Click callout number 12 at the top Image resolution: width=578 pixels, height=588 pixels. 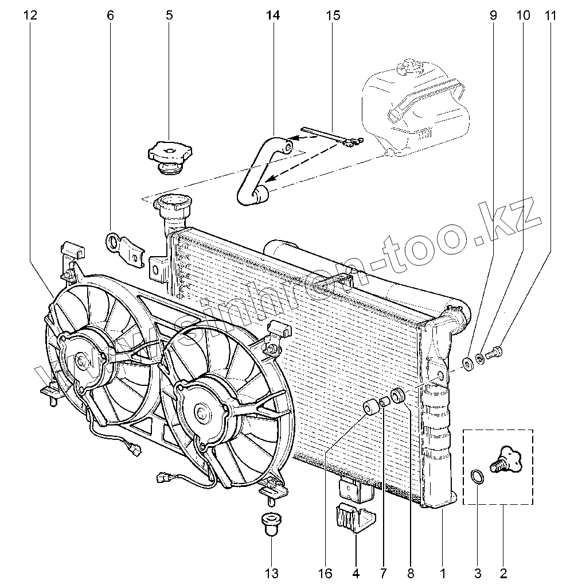point(30,16)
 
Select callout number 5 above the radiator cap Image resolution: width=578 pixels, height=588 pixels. point(169,16)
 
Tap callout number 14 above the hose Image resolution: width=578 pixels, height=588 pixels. point(273,16)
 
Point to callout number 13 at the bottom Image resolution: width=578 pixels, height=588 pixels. point(271,572)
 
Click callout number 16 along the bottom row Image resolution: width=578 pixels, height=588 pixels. point(325,572)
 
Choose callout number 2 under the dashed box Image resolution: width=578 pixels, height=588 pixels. point(503,572)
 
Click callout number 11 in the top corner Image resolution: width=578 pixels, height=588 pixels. point(550,16)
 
